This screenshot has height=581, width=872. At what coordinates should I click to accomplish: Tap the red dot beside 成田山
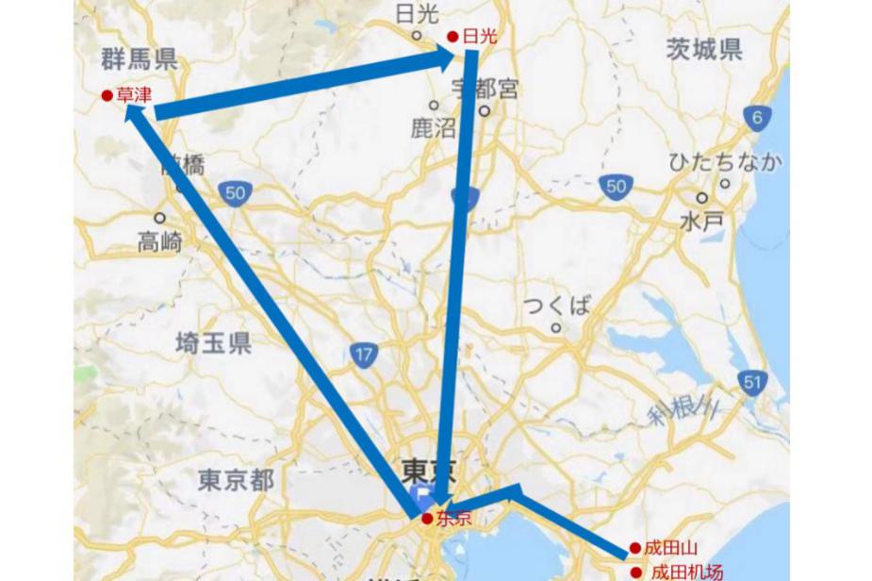tap(635, 548)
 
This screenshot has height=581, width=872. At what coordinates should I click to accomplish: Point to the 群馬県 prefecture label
tap(139, 61)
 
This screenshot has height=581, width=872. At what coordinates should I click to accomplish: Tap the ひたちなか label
tap(725, 161)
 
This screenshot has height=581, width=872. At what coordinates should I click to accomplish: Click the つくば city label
tap(557, 306)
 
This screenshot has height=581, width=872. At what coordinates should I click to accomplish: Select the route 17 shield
tap(363, 355)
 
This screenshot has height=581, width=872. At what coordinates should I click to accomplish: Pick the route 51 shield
tap(751, 381)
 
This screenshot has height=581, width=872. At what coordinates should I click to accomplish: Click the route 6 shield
tap(757, 118)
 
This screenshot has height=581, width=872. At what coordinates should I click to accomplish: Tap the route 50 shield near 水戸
tap(615, 187)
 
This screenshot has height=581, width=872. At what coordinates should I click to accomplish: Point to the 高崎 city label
tap(160, 241)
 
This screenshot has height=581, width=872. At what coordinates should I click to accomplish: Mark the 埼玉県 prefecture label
tap(213, 342)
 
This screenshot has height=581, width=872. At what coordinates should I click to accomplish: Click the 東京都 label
tap(237, 479)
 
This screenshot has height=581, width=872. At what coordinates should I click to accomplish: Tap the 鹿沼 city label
tap(433, 128)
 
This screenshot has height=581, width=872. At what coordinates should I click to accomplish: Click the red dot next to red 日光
tap(452, 37)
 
